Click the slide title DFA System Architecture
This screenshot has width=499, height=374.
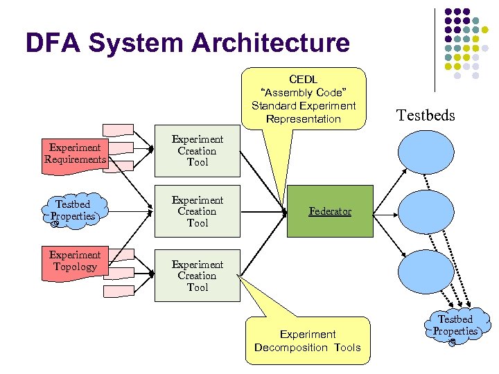(187, 43)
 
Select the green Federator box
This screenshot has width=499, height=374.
(330, 211)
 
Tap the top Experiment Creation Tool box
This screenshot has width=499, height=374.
(197, 151)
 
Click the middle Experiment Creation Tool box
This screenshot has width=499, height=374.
(197, 211)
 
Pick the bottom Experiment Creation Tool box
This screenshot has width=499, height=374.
(197, 276)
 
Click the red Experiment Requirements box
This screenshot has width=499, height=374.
(75, 154)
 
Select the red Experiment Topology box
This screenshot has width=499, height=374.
(75, 262)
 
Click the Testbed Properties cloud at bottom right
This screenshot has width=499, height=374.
(455, 326)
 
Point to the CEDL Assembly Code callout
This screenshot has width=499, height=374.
(304, 98)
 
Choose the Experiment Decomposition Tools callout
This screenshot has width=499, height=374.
(307, 341)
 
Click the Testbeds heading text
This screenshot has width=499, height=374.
(426, 115)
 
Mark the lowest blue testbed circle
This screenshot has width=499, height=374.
(426, 271)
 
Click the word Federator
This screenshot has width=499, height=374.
(330, 211)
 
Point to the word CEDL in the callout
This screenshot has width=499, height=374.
(304, 79)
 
